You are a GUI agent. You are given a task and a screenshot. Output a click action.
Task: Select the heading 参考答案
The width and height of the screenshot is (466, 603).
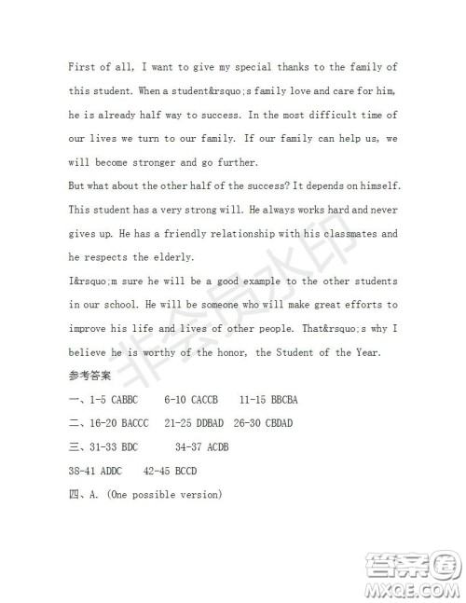(89, 376)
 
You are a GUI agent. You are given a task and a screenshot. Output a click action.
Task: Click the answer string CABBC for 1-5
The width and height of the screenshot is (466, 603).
(126, 400)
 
